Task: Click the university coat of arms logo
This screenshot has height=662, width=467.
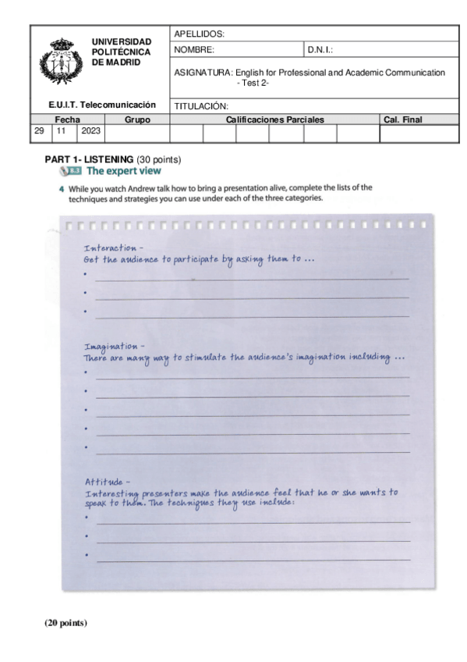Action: point(59,63)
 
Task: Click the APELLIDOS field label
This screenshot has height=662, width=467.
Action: point(199,34)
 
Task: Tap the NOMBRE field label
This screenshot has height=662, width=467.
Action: point(194,49)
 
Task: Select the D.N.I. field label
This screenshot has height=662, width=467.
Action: point(320,49)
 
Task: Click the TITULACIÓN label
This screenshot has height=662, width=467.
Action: point(200,105)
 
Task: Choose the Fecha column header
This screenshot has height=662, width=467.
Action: point(67,120)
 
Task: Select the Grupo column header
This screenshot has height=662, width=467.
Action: point(136,120)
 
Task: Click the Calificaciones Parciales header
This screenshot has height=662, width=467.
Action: point(274,120)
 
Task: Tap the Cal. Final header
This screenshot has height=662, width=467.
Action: point(402,120)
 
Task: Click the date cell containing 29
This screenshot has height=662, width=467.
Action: point(39,132)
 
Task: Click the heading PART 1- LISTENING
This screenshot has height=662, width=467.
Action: point(90,159)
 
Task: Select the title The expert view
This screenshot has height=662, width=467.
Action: point(123,170)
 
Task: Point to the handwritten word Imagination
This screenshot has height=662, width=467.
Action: point(110,346)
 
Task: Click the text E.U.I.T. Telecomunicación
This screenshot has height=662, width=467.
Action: point(102,105)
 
